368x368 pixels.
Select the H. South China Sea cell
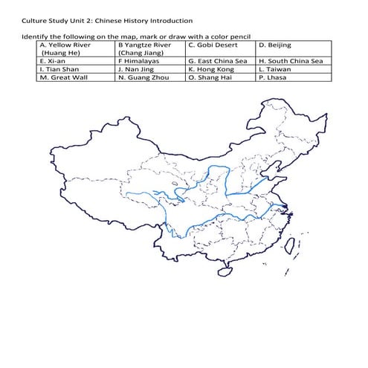coord(291,61)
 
